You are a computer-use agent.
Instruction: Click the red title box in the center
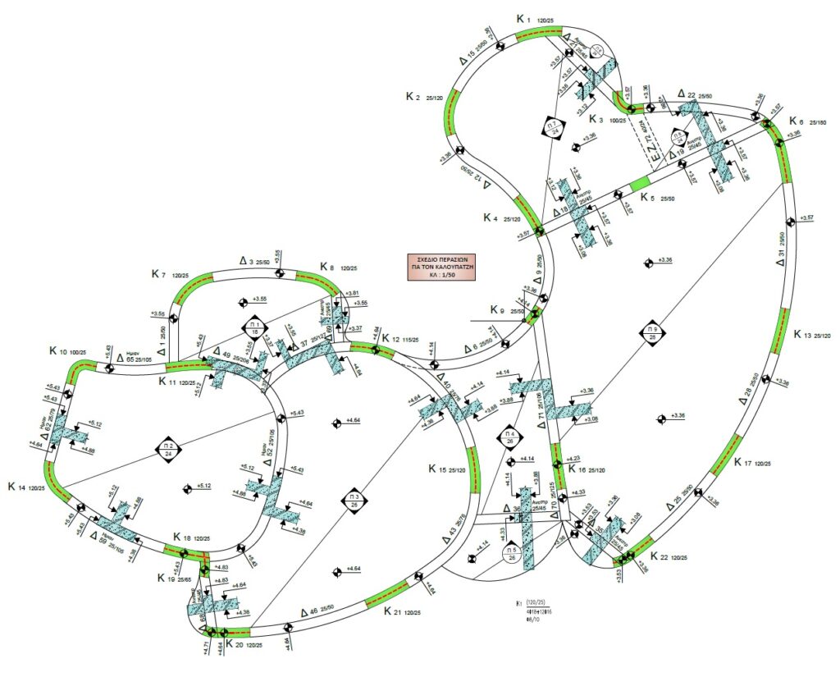point(444,268)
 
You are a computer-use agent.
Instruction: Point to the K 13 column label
point(812,335)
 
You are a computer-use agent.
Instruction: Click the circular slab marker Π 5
point(511,555)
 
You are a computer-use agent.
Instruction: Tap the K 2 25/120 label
point(424,97)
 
